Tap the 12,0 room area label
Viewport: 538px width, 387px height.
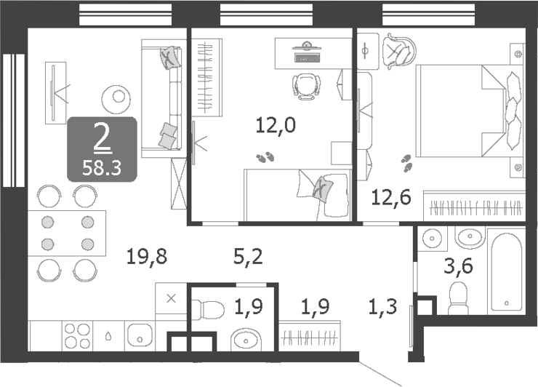click(275, 126)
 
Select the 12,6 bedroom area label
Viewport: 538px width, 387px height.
click(391, 196)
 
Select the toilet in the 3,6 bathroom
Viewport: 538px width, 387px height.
click(459, 298)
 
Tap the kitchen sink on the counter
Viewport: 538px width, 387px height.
click(139, 336)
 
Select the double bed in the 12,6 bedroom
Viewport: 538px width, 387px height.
click(469, 111)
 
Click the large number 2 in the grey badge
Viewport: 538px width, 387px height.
click(102, 136)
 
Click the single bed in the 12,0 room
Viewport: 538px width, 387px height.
click(298, 193)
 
